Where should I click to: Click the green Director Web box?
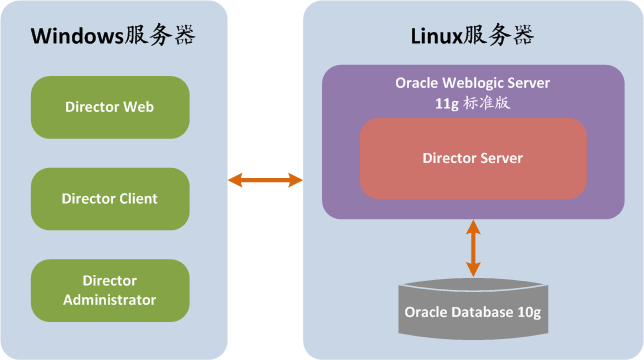pos(110,107)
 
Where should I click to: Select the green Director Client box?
pos(110,198)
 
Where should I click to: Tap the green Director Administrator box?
pos(110,290)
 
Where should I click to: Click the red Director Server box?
pos(473,158)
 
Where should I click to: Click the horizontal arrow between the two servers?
pos(265,180)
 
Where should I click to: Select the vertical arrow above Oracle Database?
pos(473,249)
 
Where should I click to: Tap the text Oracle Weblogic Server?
pos(473,82)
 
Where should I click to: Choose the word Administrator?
pos(110,299)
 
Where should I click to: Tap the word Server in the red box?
pos(502,158)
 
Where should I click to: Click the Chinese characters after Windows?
pos(161,36)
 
